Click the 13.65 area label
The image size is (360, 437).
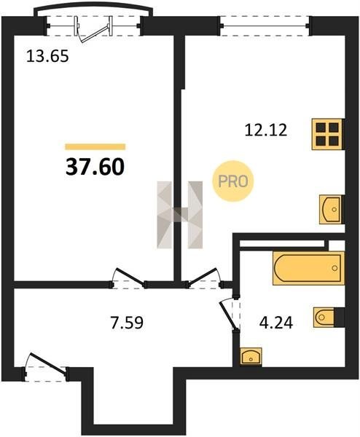click(47, 56)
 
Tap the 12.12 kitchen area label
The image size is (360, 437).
click(266, 130)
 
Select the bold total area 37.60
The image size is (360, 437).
click(95, 167)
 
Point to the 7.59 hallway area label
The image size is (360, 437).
click(127, 323)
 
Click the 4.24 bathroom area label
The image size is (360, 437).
click(276, 323)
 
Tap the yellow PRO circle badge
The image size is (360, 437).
click(233, 181)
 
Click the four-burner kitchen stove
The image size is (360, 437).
click(327, 135)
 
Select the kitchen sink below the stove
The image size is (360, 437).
click(331, 209)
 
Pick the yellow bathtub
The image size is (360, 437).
click(308, 268)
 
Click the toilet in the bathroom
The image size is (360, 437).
click(324, 317)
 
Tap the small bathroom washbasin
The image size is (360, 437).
click(251, 356)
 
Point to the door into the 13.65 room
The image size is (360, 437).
click(128, 278)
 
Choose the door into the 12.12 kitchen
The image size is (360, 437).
click(203, 278)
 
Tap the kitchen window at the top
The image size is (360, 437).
click(265, 26)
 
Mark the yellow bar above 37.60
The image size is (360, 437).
click(95, 146)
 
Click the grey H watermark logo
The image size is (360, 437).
click(180, 215)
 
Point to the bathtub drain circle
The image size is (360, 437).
click(334, 268)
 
